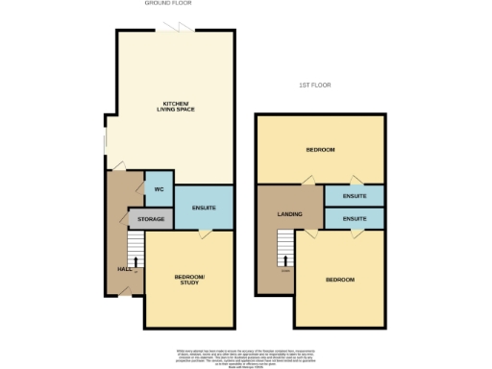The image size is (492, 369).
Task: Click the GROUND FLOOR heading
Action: click(163, 4)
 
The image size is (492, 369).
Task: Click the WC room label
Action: click(159, 188)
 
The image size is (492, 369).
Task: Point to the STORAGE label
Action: click(151, 220)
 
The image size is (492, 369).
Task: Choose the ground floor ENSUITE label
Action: click(203, 209)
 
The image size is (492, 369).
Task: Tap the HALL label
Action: click(123, 270)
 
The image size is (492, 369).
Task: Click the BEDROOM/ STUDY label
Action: click(188, 281)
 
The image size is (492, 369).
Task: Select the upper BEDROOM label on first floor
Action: click(320, 150)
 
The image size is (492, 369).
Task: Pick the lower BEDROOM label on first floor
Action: click(339, 280)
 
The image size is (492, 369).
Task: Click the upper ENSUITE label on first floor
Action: click(354, 196)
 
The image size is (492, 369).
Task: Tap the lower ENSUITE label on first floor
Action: click(354, 219)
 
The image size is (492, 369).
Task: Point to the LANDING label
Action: click(289, 214)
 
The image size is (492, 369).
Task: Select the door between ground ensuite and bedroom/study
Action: click(205, 233)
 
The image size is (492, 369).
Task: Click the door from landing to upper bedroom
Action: click(307, 181)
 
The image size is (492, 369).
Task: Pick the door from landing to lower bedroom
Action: click(309, 232)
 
